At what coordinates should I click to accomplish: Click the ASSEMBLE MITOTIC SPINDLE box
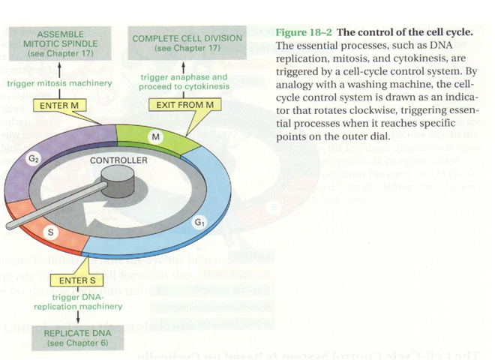[61, 45]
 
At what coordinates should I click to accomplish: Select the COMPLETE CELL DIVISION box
[187, 43]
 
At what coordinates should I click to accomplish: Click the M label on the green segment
[156, 138]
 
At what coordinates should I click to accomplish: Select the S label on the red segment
[51, 233]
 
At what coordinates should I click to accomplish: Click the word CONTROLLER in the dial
[118, 160]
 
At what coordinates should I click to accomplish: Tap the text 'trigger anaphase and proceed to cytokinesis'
[184, 81]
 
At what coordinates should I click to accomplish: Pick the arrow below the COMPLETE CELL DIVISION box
[184, 64]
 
